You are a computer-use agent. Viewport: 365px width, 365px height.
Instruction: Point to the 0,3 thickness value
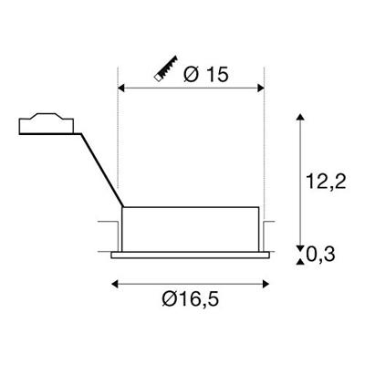[x=324, y=255]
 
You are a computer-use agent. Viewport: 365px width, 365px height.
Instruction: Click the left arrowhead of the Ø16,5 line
[x=115, y=284]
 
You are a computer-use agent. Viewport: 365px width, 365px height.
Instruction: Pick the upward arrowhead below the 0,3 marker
[x=302, y=263]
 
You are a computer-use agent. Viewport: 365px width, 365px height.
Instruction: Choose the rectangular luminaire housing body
[x=192, y=228]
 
